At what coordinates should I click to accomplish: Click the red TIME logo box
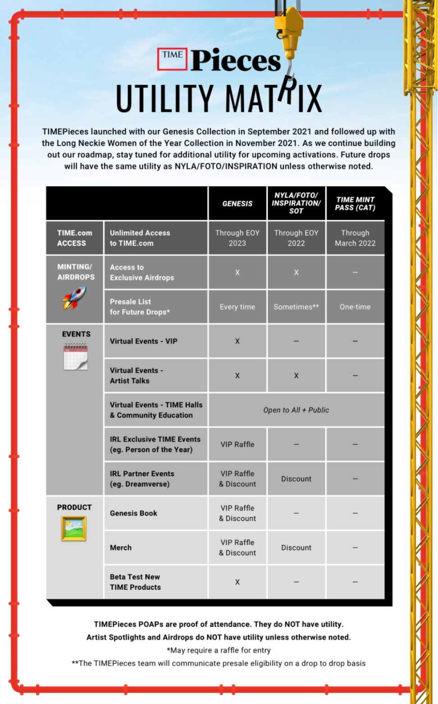pyautogui.click(x=172, y=59)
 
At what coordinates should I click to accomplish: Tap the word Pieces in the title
pyautogui.click(x=235, y=61)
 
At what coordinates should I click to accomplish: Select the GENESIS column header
pyautogui.click(x=237, y=204)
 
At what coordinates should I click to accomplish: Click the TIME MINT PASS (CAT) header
pyautogui.click(x=355, y=204)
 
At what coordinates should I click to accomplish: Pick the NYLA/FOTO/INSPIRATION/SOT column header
pyautogui.click(x=296, y=203)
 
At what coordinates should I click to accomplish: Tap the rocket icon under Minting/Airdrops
pyautogui.click(x=74, y=298)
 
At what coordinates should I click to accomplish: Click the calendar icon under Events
pyautogui.click(x=76, y=356)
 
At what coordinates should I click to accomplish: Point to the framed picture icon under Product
pyautogui.click(x=74, y=528)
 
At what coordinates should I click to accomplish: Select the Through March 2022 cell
pyautogui.click(x=355, y=238)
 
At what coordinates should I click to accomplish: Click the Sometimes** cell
pyautogui.click(x=296, y=307)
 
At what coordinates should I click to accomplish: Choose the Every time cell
pyautogui.click(x=237, y=307)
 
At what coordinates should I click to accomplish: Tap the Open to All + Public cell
pyautogui.click(x=296, y=410)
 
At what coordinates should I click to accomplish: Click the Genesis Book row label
pyautogui.click(x=134, y=513)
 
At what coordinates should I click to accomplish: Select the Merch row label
pyautogui.click(x=121, y=548)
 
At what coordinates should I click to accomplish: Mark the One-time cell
pyautogui.click(x=355, y=307)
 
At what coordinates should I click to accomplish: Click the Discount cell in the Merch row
pyautogui.click(x=296, y=548)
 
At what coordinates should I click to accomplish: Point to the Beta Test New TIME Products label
pyautogui.click(x=135, y=582)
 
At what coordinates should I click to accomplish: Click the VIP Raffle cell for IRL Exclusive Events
pyautogui.click(x=237, y=445)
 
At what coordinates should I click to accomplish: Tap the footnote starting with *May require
pyautogui.click(x=219, y=650)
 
